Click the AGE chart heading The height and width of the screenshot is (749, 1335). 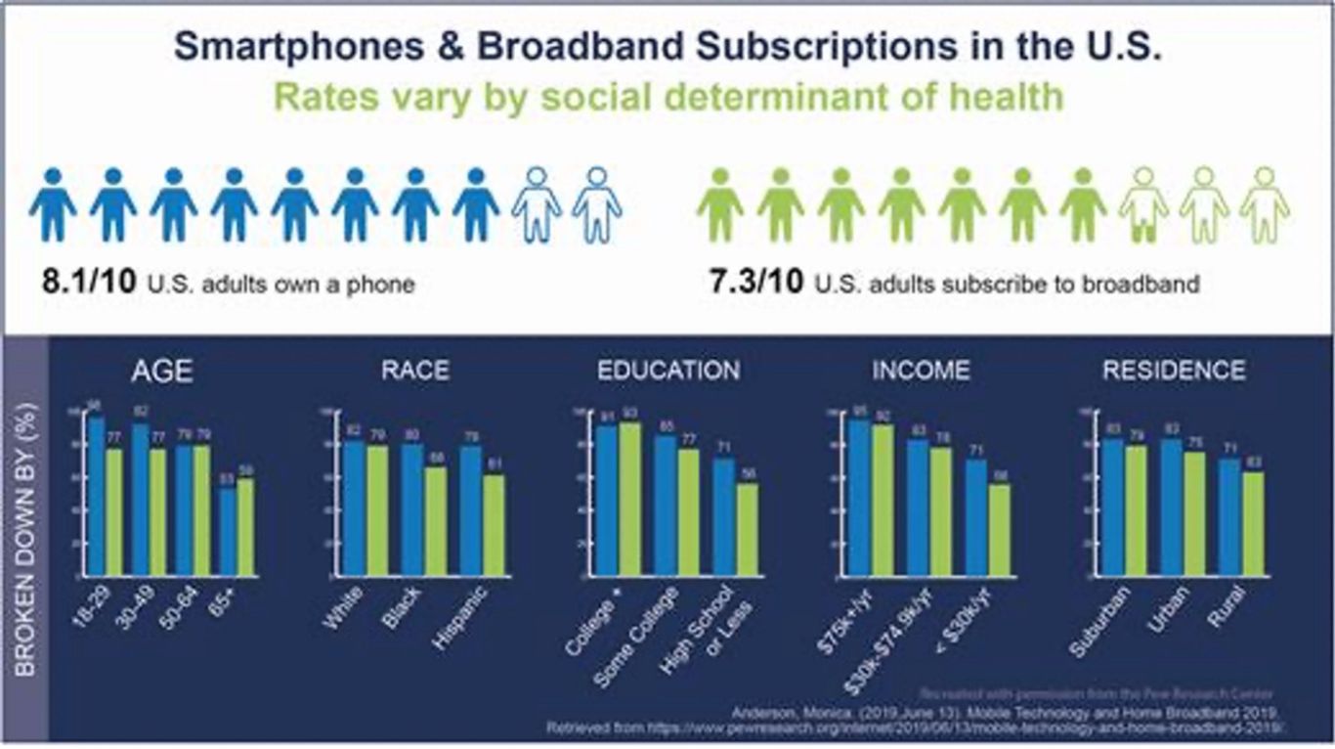(163, 373)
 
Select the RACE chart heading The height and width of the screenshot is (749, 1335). (415, 371)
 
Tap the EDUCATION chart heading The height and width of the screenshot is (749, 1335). (668, 371)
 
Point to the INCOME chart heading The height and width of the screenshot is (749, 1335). (921, 371)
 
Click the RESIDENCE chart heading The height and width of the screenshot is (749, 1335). (1174, 371)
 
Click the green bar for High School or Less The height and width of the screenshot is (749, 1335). (748, 529)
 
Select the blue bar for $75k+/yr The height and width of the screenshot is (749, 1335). (860, 498)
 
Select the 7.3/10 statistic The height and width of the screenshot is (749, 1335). (757, 285)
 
